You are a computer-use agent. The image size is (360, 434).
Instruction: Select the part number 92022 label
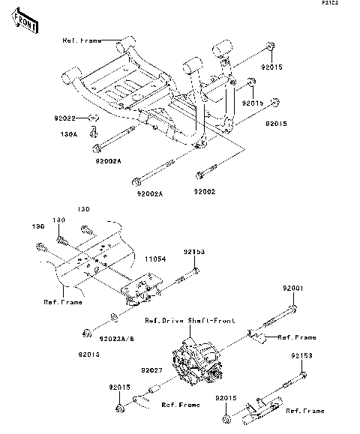65,118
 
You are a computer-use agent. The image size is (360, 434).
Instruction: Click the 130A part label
69,135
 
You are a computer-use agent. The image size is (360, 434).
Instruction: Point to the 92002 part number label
205,192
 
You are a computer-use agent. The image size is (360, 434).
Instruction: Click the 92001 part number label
293,288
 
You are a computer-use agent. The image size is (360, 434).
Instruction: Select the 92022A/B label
118,339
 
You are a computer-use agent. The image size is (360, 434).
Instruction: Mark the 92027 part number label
150,370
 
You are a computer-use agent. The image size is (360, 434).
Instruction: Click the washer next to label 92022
91,118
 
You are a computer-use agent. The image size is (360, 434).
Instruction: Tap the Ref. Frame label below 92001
297,338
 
